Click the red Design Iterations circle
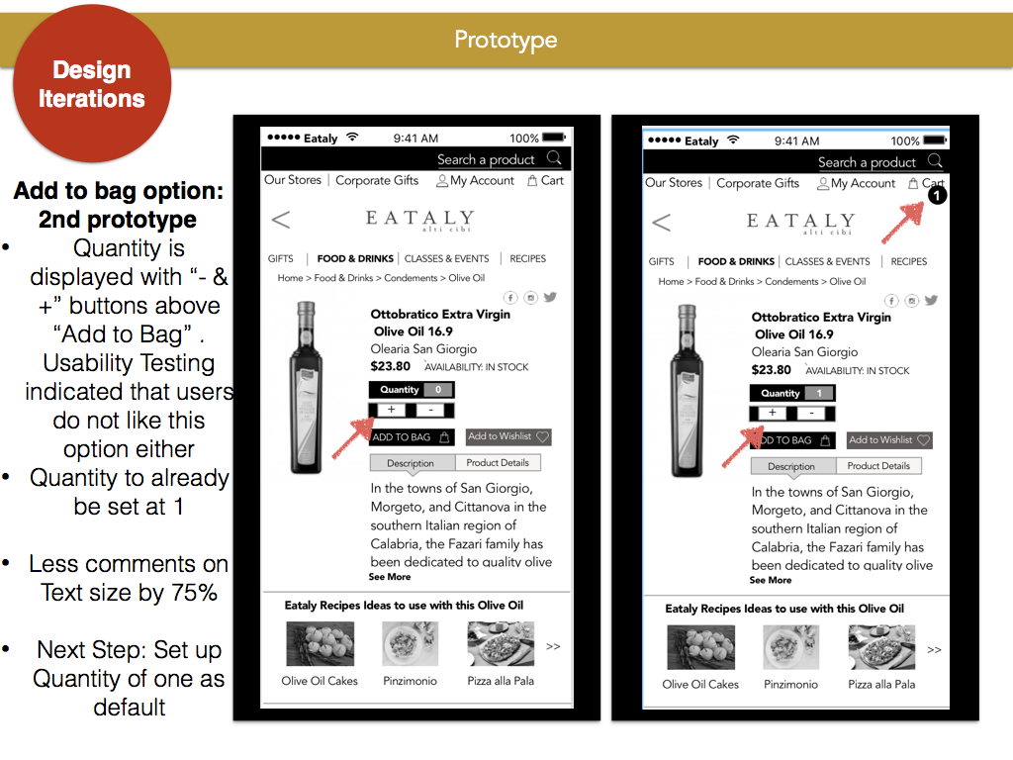pos(92,83)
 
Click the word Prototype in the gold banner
pos(506,40)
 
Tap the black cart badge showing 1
pos(937,195)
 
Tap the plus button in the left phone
pos(391,410)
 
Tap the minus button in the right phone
pos(811,414)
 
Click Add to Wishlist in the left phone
pos(508,436)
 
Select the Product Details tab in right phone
pos(878,466)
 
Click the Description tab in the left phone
pos(412,463)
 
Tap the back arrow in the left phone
pos(281,220)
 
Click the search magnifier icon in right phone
pos(935,161)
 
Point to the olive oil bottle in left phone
pos(307,388)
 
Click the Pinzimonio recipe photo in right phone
pos(790,647)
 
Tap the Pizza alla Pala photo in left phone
pos(501,643)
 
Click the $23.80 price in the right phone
pos(771,370)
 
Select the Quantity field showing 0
pos(412,390)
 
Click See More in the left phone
pos(390,577)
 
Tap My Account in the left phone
pos(476,181)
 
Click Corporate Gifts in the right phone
pos(758,183)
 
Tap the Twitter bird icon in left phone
pos(550,297)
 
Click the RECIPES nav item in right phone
pos(908,261)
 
